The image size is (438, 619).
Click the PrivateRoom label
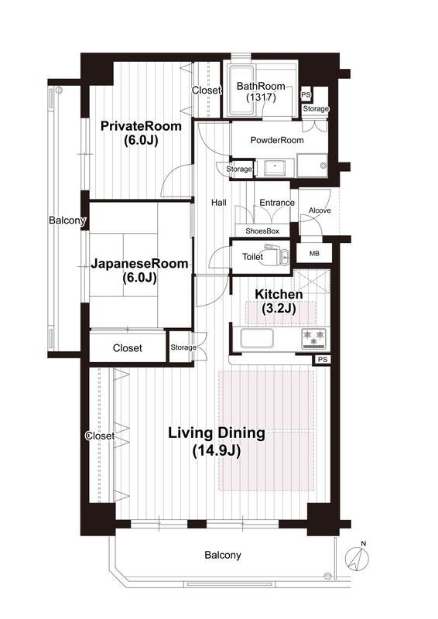pyautogui.click(x=141, y=126)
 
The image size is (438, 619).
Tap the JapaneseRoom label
pyautogui.click(x=139, y=263)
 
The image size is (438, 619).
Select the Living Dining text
pyautogui.click(x=217, y=433)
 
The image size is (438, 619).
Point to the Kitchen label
pyautogui.click(x=279, y=294)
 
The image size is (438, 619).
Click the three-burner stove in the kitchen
pyautogui.click(x=314, y=339)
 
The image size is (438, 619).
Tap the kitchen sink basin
pyautogui.click(x=257, y=339)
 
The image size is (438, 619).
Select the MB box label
pyautogui.click(x=314, y=254)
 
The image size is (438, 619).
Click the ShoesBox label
pyautogui.click(x=262, y=231)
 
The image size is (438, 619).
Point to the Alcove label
pyautogui.click(x=320, y=210)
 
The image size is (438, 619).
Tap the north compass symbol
pyautogui.click(x=357, y=558)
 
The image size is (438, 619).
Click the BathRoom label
pyautogui.click(x=261, y=86)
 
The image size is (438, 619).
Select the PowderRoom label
pyautogui.click(x=277, y=140)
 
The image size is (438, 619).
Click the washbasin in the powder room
pyautogui.click(x=275, y=168)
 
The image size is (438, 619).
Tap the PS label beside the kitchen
pyautogui.click(x=323, y=360)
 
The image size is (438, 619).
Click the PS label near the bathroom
pyautogui.click(x=306, y=94)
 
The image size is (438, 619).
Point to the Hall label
pyautogui.click(x=219, y=203)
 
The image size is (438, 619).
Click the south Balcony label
pyautogui.click(x=223, y=556)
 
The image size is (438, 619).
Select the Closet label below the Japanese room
pyautogui.click(x=127, y=348)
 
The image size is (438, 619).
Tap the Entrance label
pyautogui.click(x=277, y=203)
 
